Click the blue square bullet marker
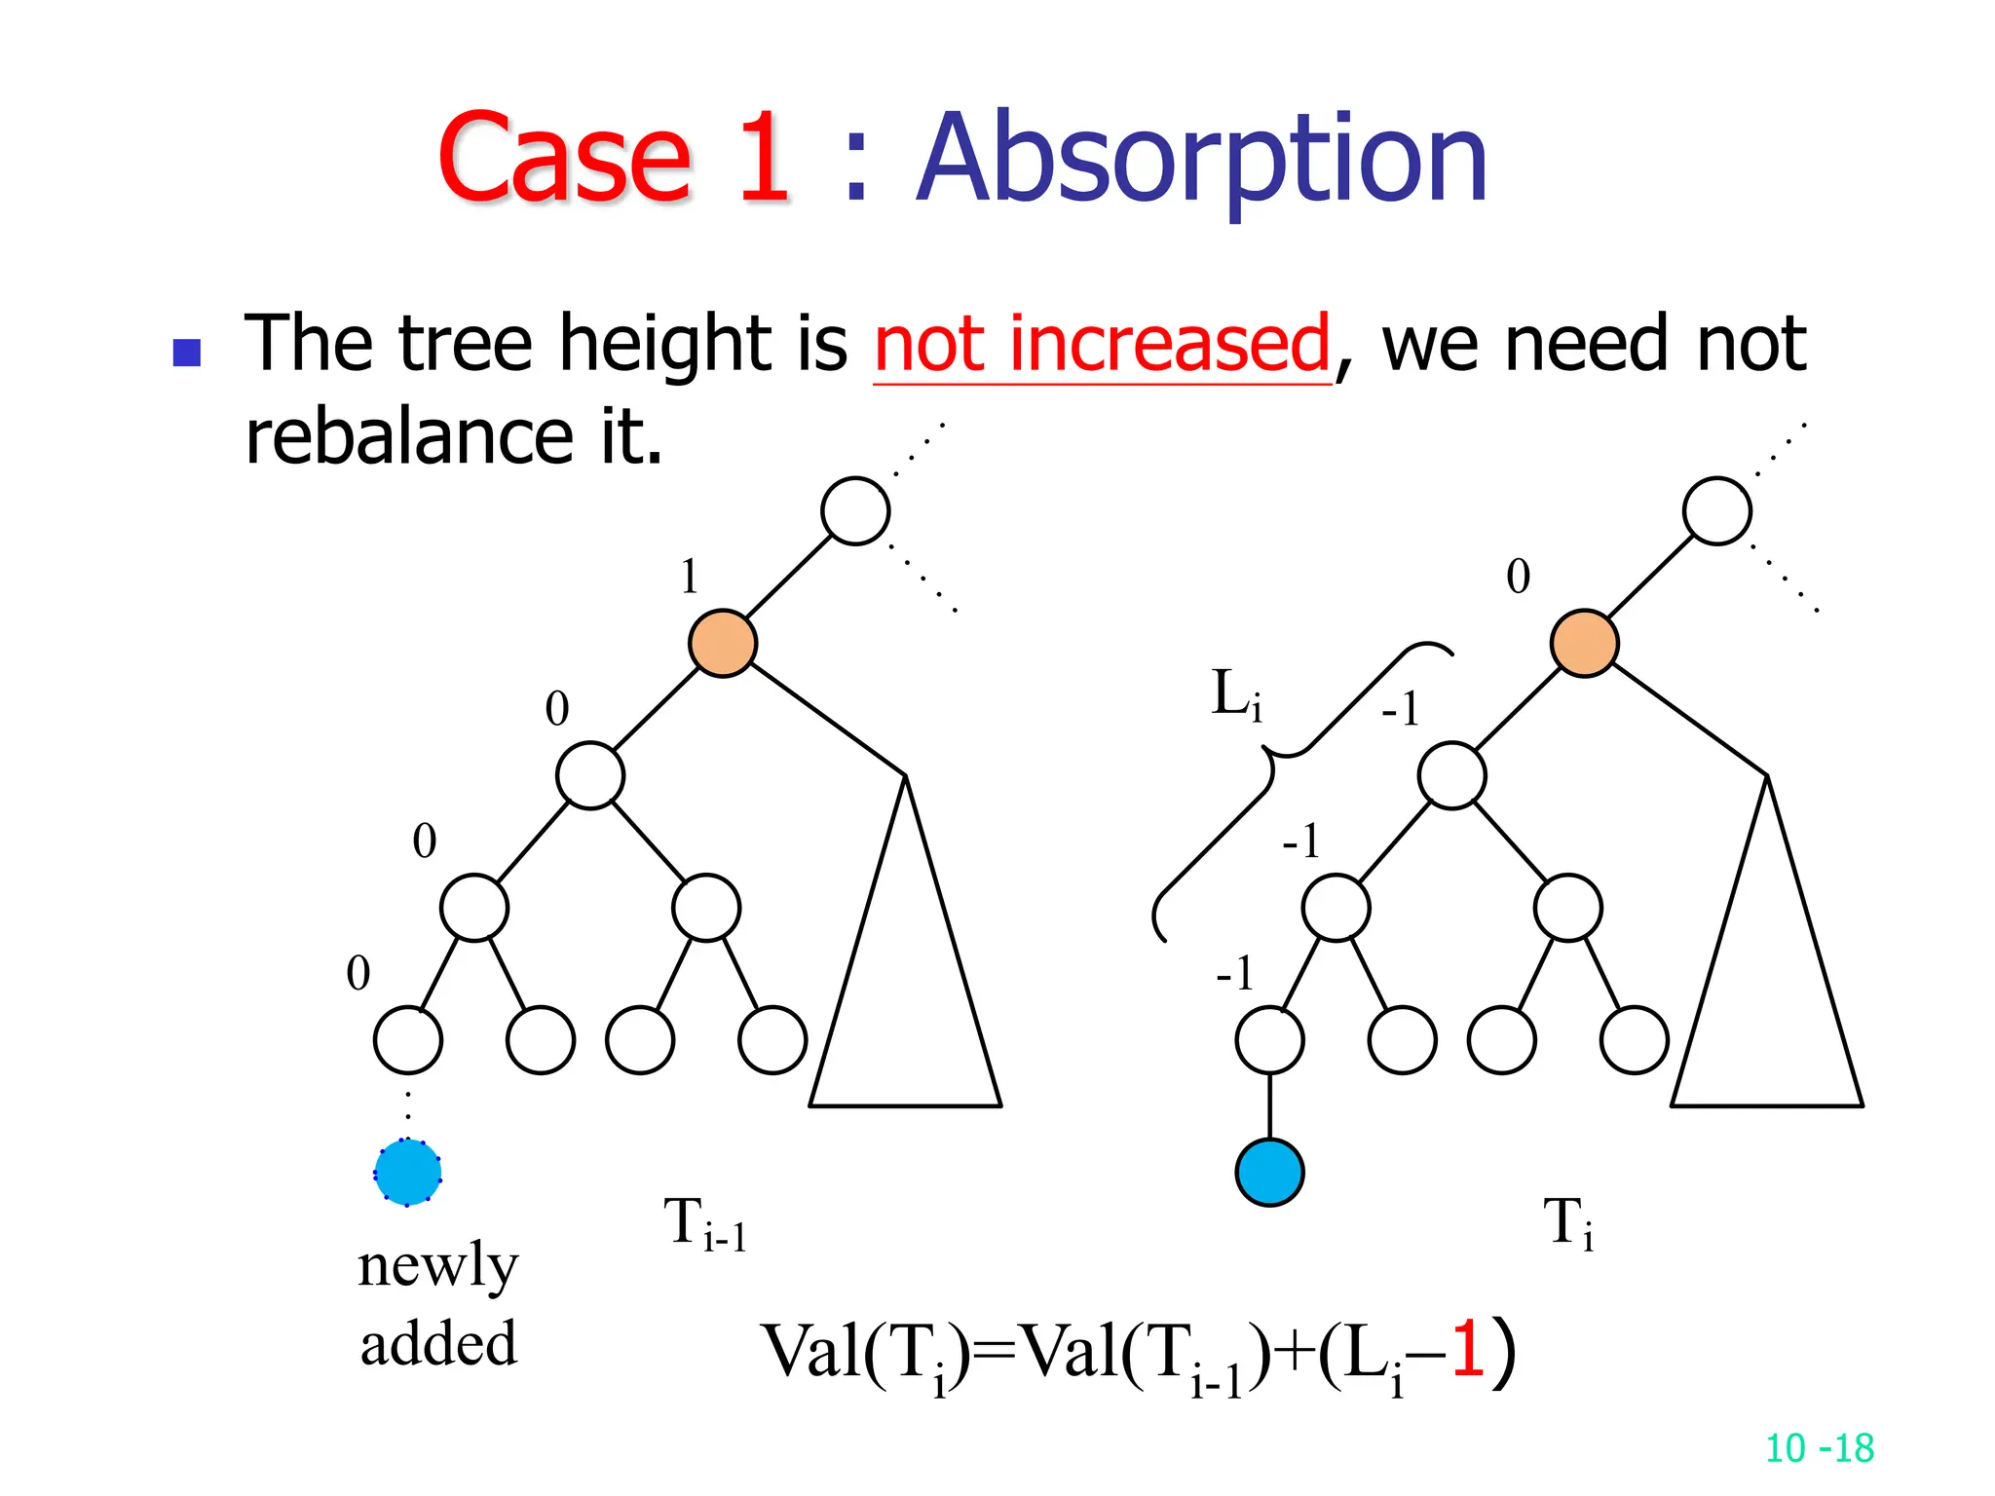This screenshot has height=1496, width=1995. tap(186, 353)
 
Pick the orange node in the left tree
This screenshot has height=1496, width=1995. tap(723, 643)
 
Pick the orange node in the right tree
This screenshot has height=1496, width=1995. tap(1585, 643)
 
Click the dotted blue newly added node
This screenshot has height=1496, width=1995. tap(407, 1173)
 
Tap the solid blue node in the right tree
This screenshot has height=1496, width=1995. tap(1269, 1173)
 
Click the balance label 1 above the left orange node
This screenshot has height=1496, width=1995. tap(690, 577)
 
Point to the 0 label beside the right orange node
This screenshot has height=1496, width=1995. tap(1518, 577)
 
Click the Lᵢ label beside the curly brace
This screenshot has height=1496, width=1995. tap(1236, 695)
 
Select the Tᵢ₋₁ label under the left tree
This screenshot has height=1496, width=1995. tap(704, 1225)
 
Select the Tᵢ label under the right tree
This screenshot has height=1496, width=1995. tap(1568, 1225)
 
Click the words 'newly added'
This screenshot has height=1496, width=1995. tap(438, 1305)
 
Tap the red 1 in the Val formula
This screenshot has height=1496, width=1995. tap(1468, 1351)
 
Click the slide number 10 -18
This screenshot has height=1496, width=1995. tap(1819, 1448)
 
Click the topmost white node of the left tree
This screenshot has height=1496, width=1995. tap(855, 510)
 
